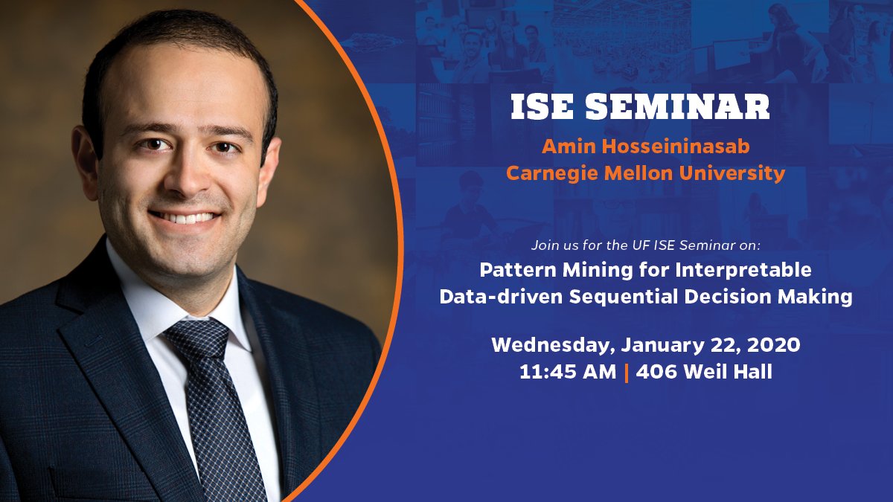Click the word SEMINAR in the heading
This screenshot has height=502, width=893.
[678, 107]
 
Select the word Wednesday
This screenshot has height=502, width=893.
[552, 345]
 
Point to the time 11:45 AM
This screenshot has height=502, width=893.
[568, 372]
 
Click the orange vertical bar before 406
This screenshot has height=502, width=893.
[627, 372]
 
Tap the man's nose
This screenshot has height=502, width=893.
[185, 175]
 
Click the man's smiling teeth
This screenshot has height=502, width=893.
[187, 218]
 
